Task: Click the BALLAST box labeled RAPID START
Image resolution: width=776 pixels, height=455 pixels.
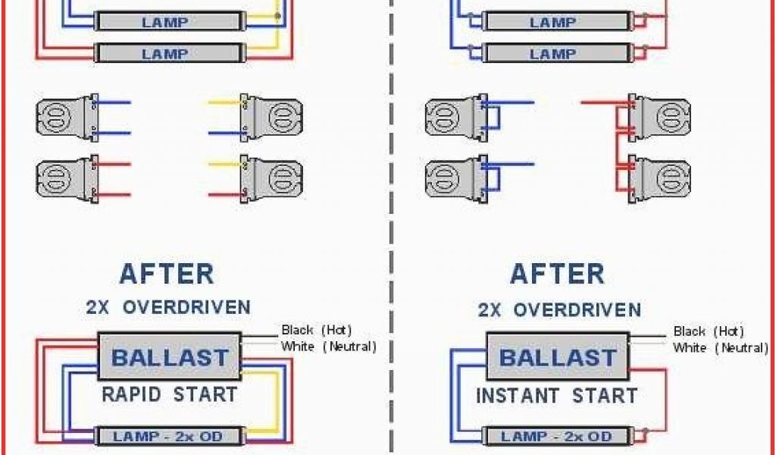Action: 170,356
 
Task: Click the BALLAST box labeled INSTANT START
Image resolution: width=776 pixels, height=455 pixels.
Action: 559,357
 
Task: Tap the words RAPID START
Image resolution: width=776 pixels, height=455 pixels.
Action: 170,394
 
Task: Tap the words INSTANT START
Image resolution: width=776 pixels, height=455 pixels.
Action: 557,396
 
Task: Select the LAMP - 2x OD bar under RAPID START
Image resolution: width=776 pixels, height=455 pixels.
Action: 170,436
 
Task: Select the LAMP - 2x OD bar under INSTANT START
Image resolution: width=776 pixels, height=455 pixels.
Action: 557,436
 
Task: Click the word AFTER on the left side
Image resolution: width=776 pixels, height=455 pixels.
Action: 167,274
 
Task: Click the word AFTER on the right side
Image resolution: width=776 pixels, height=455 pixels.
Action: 557,274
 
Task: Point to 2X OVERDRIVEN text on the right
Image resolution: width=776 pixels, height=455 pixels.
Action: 559,309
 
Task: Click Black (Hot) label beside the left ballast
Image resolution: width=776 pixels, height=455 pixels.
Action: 317,330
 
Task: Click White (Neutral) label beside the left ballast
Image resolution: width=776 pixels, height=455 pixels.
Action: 328,347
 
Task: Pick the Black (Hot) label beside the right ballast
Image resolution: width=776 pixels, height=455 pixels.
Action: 709,331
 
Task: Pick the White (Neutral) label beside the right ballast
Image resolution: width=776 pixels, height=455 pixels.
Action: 720,348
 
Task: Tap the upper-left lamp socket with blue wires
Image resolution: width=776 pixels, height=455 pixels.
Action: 64,117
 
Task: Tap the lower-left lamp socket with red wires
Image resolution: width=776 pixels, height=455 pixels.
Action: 64,177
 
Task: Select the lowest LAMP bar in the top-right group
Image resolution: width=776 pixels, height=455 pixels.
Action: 552,54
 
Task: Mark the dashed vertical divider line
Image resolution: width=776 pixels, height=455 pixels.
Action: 391,227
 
